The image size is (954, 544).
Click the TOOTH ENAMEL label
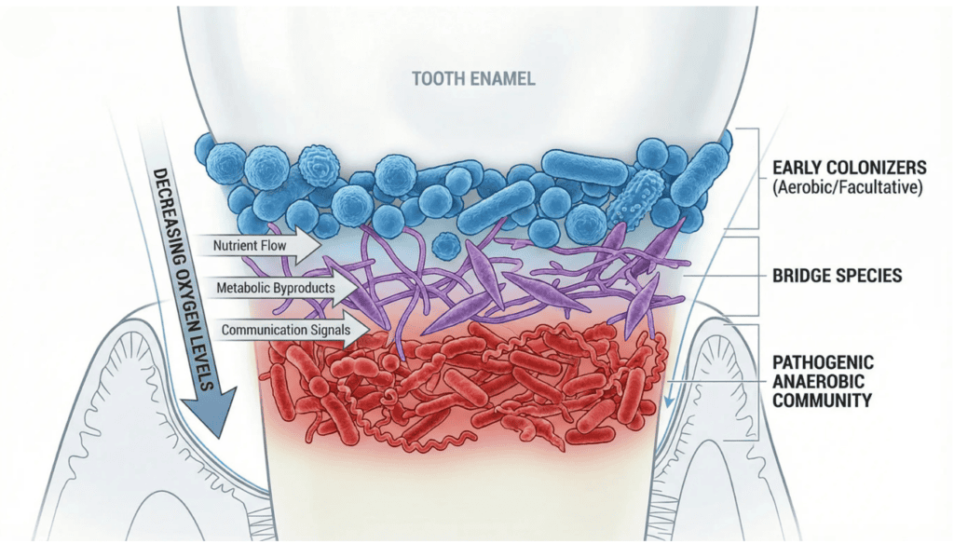click(x=473, y=78)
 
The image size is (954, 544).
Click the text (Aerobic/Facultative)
click(x=848, y=187)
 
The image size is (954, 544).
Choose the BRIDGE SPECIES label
click(x=837, y=276)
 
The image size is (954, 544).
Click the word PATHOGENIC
click(x=823, y=362)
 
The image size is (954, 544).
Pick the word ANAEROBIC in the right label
click(x=818, y=382)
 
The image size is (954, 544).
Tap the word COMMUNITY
click(x=822, y=401)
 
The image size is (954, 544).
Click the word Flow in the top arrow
click(x=273, y=246)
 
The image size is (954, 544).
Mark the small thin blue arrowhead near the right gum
click(x=669, y=401)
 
